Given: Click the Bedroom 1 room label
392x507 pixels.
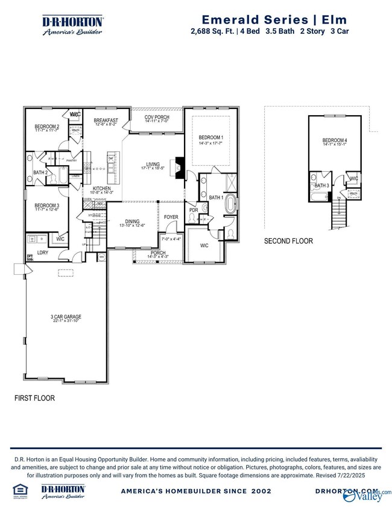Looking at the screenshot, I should click(x=210, y=138).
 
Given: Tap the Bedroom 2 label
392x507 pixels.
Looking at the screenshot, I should click(x=46, y=127).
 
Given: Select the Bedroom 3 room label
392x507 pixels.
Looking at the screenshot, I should click(x=46, y=206).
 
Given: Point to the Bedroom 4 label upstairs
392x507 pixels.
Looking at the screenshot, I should click(x=335, y=141).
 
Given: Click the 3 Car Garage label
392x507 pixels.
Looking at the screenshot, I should click(x=66, y=317).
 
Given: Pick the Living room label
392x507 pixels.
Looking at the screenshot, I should click(x=153, y=163).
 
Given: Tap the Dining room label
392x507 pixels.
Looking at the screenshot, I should click(x=132, y=221).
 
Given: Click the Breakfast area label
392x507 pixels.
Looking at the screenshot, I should click(x=106, y=121).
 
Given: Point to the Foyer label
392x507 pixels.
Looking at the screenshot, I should click(x=171, y=217).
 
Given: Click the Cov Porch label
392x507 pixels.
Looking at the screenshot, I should click(x=156, y=118).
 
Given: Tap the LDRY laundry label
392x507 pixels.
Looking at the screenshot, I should click(x=43, y=253).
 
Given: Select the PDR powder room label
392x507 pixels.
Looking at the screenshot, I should click(x=194, y=210).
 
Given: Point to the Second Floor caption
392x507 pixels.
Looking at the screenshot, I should click(x=288, y=241).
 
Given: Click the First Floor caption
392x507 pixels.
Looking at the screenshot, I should click(x=34, y=398).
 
